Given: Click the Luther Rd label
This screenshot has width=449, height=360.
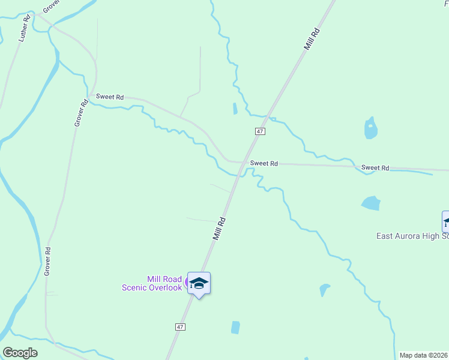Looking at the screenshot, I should tap(24, 28).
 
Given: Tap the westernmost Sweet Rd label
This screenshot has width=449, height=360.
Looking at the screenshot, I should tap(110, 97).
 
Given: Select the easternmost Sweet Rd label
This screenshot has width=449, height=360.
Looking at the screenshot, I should tap(375, 168).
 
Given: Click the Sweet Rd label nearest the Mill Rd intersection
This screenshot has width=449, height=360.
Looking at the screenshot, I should tap(264, 163).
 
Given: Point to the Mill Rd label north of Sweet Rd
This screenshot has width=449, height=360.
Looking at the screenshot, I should tap(312, 38).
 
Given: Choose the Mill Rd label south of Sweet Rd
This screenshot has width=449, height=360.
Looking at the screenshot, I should tap(219, 229).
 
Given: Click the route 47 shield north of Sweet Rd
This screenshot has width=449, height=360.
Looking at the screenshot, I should tap(260, 131).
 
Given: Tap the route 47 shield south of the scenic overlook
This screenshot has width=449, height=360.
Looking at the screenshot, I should tap(180, 327).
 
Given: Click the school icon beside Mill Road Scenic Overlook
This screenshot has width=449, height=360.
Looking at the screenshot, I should tap(199, 283).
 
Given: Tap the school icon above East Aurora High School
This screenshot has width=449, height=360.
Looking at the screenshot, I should tap(446, 221).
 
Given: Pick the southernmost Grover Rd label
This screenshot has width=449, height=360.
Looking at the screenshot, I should tap(47, 262).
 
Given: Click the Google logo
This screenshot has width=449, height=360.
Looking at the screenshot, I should tap(20, 353).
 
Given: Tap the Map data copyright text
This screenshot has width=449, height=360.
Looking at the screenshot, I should tap(423, 355).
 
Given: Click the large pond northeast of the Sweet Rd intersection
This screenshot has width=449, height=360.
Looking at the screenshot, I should tap(371, 128).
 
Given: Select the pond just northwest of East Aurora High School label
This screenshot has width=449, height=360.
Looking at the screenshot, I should tap(371, 203).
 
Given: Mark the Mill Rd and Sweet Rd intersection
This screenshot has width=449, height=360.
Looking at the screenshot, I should tap(243, 163).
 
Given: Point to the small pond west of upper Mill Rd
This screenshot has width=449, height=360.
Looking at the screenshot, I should tap(235, 109).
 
